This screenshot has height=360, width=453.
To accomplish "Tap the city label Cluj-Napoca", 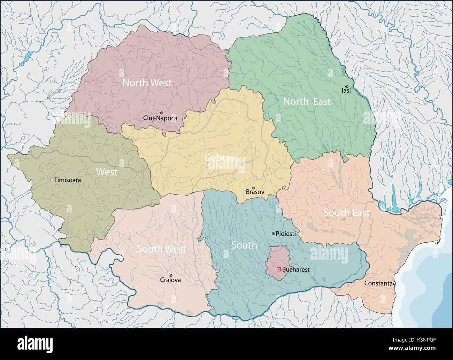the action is tap(160, 118).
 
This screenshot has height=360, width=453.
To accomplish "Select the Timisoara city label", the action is tap(68, 180).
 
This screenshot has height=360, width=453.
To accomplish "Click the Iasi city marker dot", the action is tap(346, 86).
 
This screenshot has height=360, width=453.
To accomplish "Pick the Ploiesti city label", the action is tap(286, 234).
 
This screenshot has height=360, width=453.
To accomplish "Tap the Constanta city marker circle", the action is tap(394, 284).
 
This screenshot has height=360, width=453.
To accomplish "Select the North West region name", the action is tap(147, 83).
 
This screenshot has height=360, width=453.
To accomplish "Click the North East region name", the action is tap(307, 101).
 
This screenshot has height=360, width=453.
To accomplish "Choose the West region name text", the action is tap(107, 172).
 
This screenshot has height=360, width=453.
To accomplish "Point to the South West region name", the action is tap(161, 249).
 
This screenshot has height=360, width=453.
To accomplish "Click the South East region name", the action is tap(347, 212).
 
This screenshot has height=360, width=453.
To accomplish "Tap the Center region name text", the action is tap(219, 158).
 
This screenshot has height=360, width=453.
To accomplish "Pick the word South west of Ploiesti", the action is tap(244, 245).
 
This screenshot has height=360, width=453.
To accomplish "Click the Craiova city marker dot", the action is tap(171, 275).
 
